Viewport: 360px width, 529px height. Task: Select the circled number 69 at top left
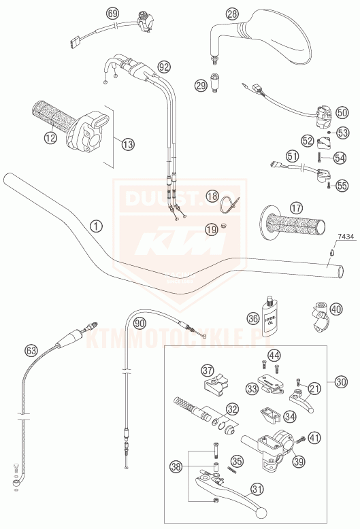click(x=113, y=13)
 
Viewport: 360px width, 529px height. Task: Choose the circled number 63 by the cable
click(x=31, y=351)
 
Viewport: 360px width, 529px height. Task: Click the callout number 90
click(x=139, y=324)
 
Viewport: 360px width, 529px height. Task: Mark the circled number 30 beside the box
click(x=341, y=382)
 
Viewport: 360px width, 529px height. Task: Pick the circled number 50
click(x=341, y=112)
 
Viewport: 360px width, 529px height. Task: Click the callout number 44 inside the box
click(x=274, y=356)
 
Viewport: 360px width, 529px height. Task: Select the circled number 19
click(x=212, y=230)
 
